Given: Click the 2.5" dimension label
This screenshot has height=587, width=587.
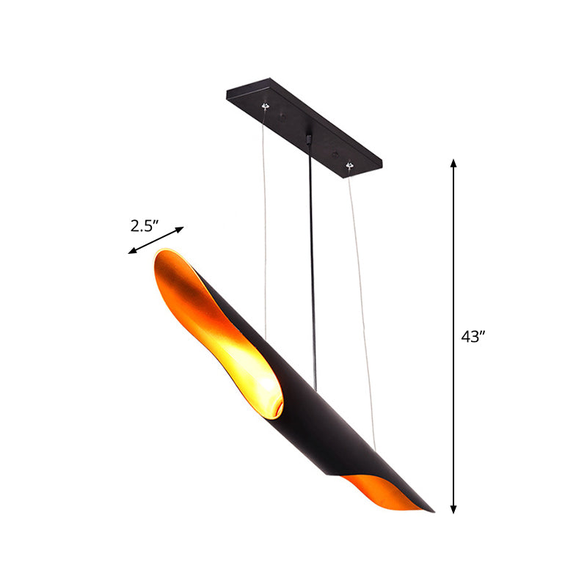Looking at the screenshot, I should point(145,226).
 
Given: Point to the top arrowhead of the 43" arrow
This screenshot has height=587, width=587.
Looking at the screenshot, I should point(454,164).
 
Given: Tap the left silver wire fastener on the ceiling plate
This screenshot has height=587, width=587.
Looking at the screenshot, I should point(266,107).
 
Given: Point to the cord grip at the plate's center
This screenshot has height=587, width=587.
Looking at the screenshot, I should point(309,138).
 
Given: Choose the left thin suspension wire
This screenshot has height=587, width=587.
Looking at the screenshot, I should point(265,220).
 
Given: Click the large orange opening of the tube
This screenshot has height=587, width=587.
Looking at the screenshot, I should point(213,323).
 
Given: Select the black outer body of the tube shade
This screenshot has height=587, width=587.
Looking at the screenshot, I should point(323,411).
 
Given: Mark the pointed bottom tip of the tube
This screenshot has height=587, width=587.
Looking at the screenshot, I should point(432,510).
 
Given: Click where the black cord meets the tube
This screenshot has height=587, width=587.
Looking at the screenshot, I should point(316,389).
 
